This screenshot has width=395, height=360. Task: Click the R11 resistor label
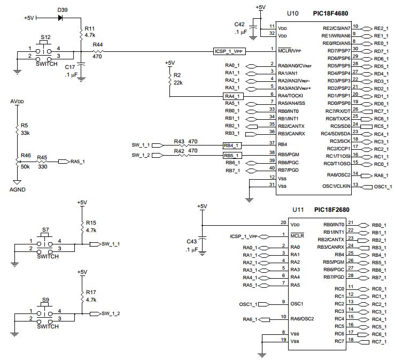[x=90, y=28]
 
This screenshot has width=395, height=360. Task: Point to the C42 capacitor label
[x=242, y=24]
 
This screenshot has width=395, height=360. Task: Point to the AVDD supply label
[x=17, y=102]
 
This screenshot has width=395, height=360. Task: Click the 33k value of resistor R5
[x=25, y=132]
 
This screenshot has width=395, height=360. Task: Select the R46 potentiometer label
[x=25, y=155]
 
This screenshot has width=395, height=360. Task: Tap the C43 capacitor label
[x=191, y=241]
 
